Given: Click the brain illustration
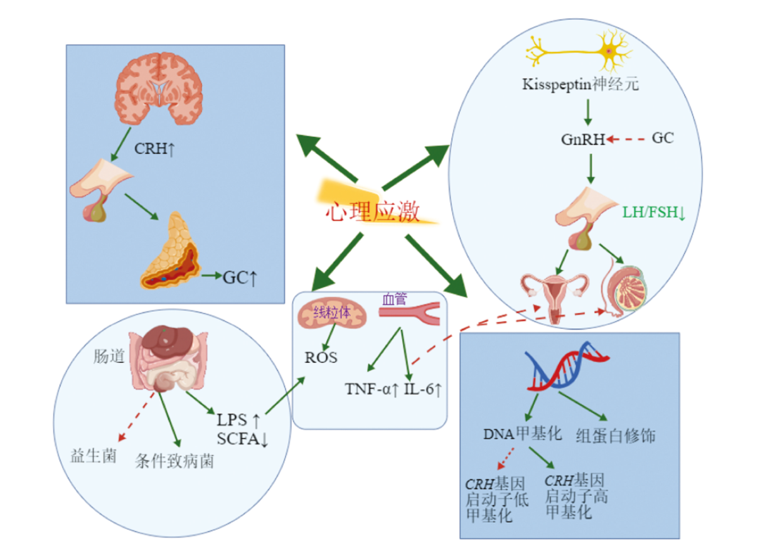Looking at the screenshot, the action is click(159, 89).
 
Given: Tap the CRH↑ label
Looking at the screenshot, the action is click(154, 149).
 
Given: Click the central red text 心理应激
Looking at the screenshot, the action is click(373, 212).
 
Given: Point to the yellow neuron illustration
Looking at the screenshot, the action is click(579, 51).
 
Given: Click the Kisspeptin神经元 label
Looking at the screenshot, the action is click(581, 84).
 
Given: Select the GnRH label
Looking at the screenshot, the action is click(583, 139).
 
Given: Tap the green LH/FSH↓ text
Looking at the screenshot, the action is click(654, 212).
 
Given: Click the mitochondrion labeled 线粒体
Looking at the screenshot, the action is click(332, 313).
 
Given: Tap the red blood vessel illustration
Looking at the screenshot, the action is click(410, 313).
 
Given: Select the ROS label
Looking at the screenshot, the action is click(321, 358).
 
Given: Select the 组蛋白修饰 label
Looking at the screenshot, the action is click(616, 436).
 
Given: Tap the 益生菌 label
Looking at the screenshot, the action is click(94, 456).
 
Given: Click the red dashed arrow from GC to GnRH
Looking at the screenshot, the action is click(626, 139).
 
